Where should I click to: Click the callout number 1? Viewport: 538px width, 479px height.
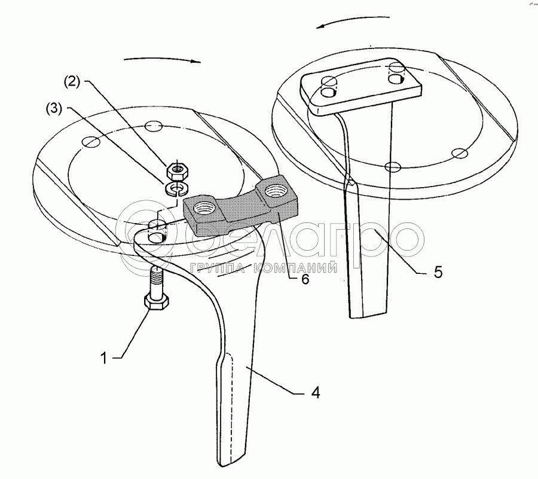(103, 358)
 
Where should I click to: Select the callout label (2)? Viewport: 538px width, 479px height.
(72, 82)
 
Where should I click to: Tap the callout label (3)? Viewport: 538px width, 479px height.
(54, 109)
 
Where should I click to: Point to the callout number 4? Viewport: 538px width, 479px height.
(316, 392)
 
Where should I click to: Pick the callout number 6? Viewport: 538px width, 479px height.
(305, 279)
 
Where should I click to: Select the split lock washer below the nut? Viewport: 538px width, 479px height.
(175, 189)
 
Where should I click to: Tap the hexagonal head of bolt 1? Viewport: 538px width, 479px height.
(157, 302)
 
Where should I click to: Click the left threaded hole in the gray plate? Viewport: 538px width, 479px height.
(204, 208)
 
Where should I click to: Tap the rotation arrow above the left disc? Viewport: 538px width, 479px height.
(162, 60)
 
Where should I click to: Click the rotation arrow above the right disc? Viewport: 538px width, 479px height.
(353, 22)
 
